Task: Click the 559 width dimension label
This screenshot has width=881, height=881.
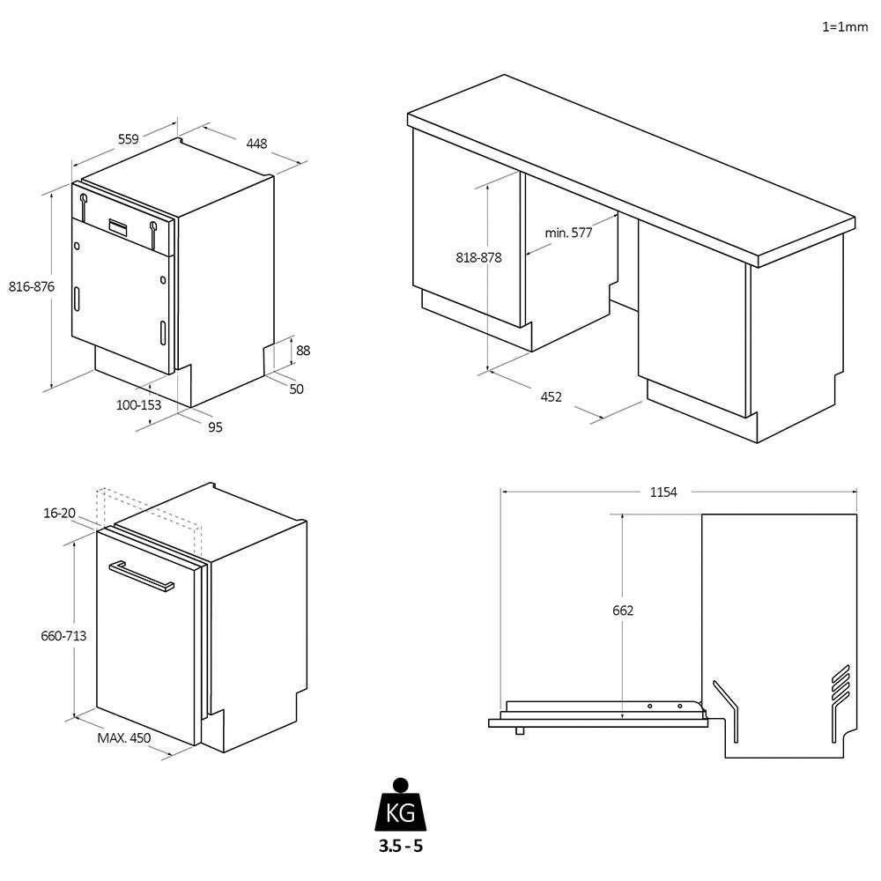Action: [x=129, y=138]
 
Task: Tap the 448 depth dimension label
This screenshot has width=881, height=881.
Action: [x=256, y=144]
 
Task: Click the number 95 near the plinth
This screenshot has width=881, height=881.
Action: [x=215, y=427]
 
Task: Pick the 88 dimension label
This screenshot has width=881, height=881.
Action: [x=303, y=351]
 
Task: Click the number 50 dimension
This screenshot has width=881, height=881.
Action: [x=296, y=389]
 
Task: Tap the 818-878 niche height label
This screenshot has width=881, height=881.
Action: [x=478, y=258]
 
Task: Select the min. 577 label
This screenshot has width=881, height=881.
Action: [x=568, y=233]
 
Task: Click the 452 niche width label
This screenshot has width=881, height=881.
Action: [x=551, y=397]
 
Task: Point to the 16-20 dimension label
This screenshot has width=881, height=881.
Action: [x=59, y=514]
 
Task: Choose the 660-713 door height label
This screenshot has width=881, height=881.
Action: [x=63, y=635]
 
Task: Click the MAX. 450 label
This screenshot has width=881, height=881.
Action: [x=124, y=738]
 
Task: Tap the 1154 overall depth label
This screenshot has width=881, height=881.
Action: [x=663, y=492]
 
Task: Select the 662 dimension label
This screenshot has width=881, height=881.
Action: [x=623, y=611]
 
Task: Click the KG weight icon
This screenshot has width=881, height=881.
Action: [x=401, y=809]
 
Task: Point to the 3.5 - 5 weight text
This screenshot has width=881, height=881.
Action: [x=401, y=848]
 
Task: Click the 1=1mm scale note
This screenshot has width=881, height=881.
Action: [x=844, y=27]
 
